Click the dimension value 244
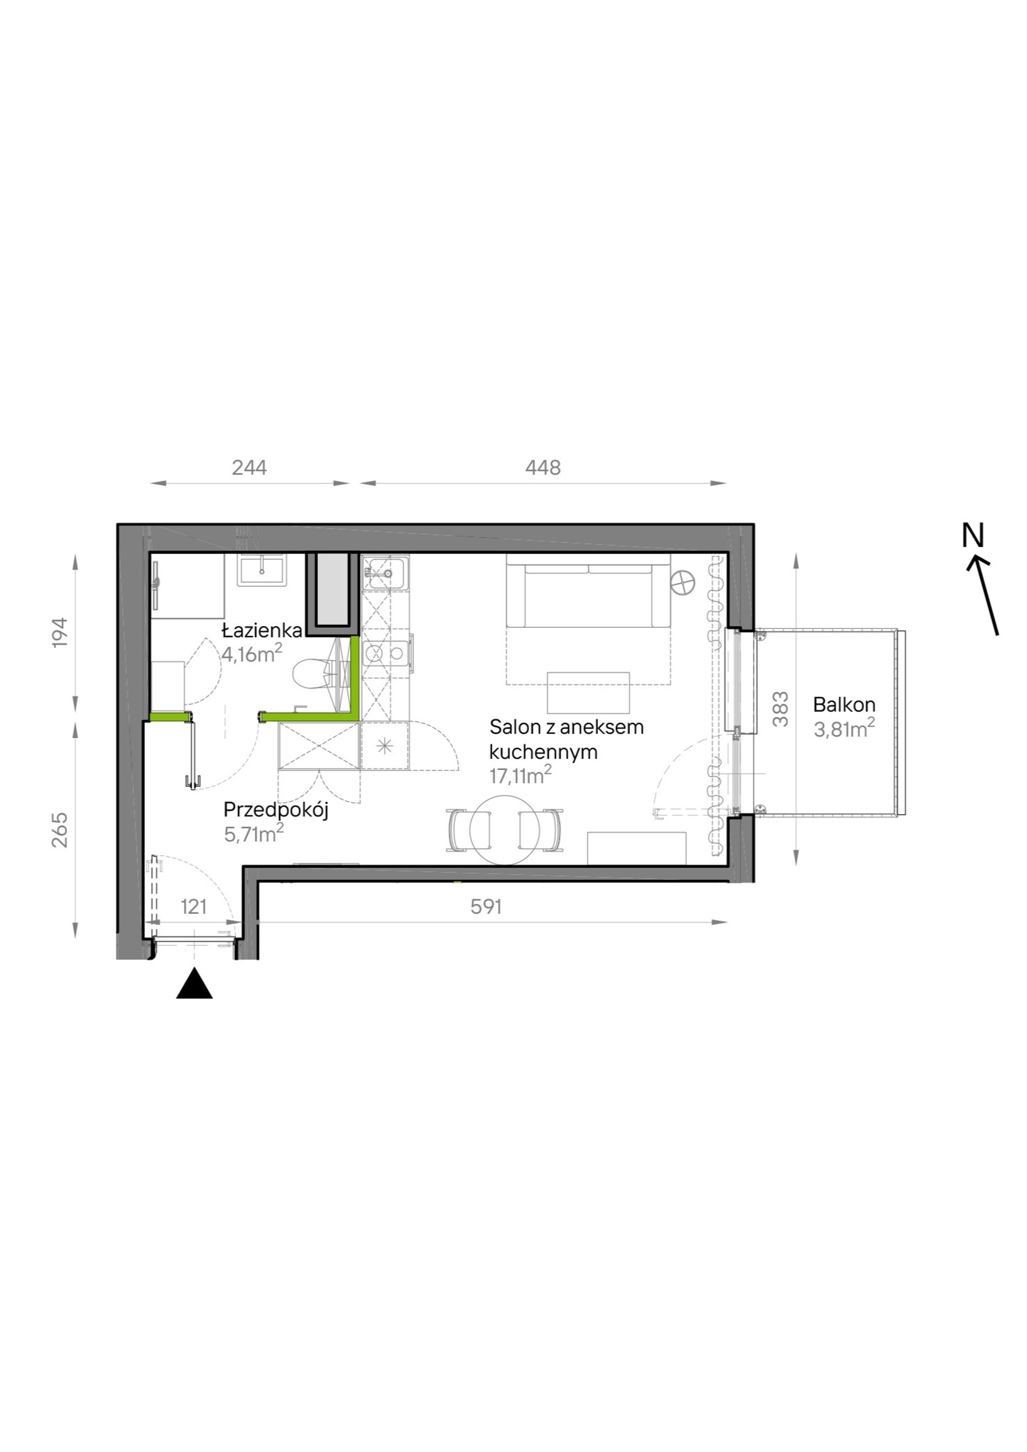coord(249,467)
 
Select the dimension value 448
coord(543,467)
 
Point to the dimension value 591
coord(486,906)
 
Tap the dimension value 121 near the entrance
coord(194,906)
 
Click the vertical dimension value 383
coord(781,709)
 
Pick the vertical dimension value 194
coord(59,632)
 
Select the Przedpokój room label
coord(276,811)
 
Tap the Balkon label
coord(844,704)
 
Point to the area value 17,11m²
coord(521,775)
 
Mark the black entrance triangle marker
coord(194,983)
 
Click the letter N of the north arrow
coord(973,536)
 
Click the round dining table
coord(505,829)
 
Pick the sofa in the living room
coord(588,591)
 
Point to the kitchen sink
coord(385,573)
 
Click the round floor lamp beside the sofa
coord(684,582)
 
